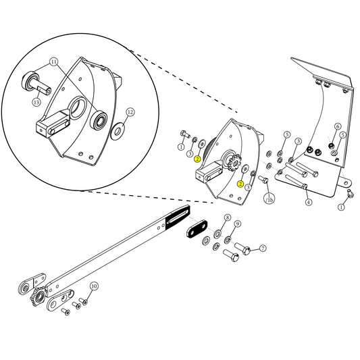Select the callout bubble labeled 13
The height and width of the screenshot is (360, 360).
tap(37, 102)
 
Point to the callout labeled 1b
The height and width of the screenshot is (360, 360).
tap(269, 199)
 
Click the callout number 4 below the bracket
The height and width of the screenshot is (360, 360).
tap(308, 202)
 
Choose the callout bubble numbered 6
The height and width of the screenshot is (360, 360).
tap(338, 126)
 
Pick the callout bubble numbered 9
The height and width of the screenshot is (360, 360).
tap(238, 224)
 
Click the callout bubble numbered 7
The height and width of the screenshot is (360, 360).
tap(263, 249)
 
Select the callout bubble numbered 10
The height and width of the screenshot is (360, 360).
tap(94, 286)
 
